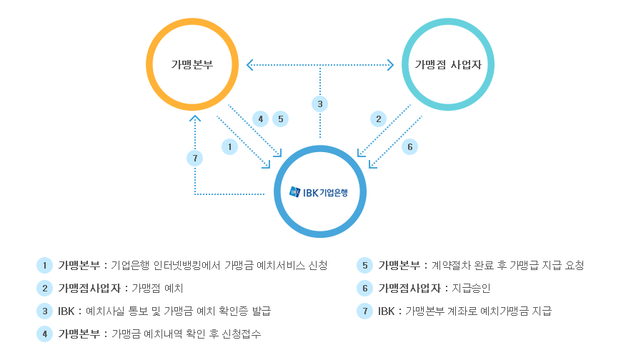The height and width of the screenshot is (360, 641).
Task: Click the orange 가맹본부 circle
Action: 192,64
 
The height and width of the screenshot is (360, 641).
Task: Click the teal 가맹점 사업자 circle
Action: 448,64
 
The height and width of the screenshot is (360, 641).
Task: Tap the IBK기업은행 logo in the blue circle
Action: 319,192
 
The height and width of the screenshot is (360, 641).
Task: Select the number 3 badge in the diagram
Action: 320,104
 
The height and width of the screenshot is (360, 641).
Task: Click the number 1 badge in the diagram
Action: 229,146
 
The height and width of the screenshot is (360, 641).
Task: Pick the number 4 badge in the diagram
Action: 261,119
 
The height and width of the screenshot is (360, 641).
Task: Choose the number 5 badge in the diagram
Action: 280,119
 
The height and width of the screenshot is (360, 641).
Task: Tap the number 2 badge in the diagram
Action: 378,119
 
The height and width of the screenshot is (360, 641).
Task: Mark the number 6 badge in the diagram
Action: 409,146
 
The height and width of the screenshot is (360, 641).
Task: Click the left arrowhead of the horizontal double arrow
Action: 249,66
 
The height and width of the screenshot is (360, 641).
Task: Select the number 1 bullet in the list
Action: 44,266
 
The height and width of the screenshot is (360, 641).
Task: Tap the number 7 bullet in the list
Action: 364,311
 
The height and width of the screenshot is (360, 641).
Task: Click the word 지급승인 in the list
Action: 472,289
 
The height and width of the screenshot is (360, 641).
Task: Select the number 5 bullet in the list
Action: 364,266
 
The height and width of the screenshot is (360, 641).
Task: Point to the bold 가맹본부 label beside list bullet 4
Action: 81,334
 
